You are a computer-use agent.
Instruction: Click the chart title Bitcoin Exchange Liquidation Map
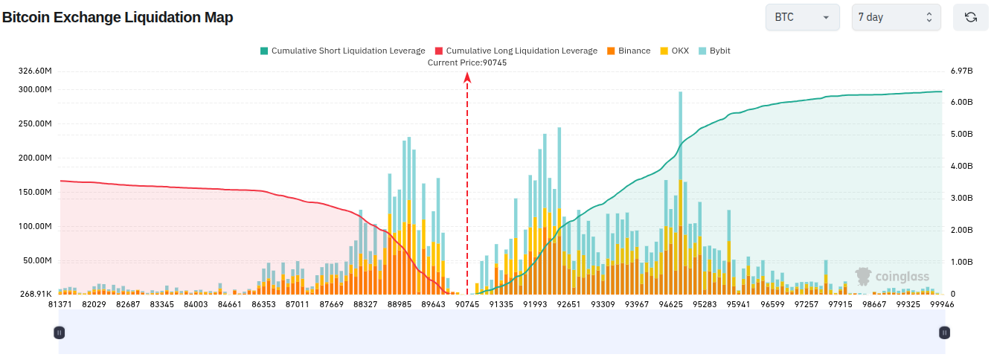118,17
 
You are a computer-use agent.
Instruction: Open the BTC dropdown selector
802,17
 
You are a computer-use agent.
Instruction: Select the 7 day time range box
896,17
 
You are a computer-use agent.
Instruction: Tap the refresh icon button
971,17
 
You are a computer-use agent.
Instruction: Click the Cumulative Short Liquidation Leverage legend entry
342,51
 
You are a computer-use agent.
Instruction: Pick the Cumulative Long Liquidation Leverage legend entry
516,51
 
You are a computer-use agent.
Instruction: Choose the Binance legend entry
629,51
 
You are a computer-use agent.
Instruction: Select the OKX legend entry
675,51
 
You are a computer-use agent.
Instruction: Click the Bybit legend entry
714,51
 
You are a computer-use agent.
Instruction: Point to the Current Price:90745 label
466,62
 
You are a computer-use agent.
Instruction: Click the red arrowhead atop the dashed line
466,77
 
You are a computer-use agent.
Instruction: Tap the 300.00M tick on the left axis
35,89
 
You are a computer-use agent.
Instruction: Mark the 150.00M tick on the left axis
35,192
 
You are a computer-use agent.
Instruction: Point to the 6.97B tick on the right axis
961,71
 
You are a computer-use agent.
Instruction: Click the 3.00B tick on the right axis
961,198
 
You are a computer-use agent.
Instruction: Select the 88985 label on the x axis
400,304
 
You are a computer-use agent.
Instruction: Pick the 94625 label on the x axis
671,304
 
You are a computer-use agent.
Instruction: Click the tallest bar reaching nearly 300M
680,193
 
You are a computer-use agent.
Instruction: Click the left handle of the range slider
59,332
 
